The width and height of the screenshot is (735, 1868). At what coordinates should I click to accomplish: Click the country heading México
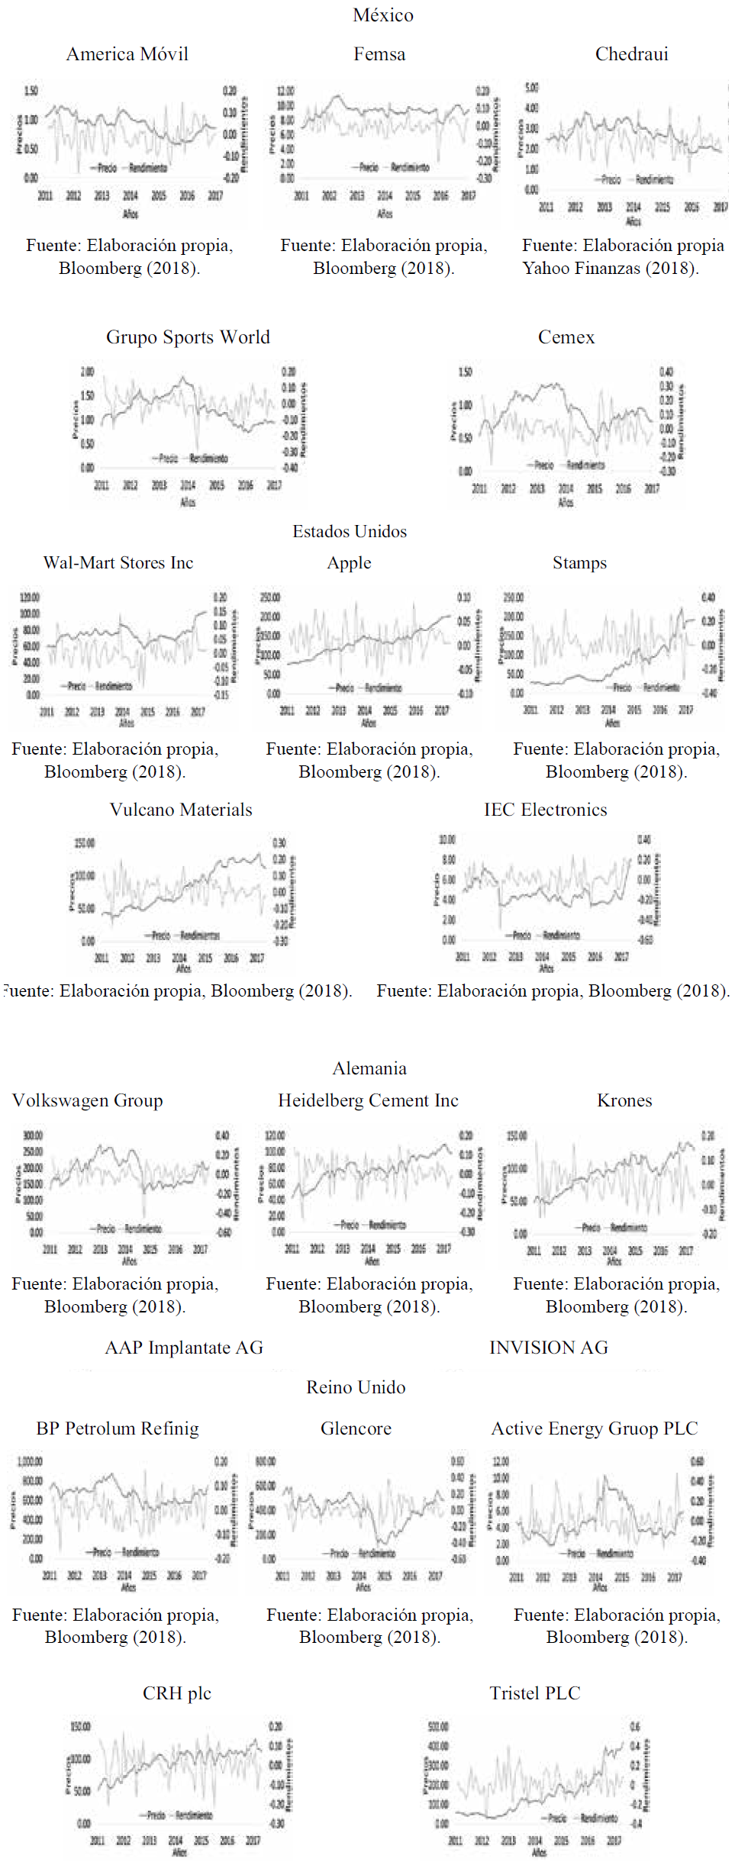point(382,15)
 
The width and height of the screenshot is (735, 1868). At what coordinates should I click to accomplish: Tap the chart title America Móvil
point(127,54)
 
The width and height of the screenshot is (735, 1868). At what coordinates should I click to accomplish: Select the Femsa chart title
point(379,54)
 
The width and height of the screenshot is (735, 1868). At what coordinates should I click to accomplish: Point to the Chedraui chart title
point(631,54)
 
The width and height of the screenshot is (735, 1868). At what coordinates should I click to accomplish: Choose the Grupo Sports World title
point(188,337)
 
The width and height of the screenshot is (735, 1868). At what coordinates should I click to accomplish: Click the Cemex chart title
point(566,337)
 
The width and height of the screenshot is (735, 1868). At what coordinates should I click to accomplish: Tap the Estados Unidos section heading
point(350,532)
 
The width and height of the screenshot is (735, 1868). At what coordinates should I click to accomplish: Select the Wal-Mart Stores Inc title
point(118,563)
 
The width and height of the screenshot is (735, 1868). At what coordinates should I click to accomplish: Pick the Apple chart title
point(349,563)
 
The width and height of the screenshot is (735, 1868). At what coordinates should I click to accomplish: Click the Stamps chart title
point(579,563)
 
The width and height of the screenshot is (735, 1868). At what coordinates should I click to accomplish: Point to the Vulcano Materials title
point(181,810)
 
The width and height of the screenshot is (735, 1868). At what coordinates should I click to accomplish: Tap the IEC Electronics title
point(545,810)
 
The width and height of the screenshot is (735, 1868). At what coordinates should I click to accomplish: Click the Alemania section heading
point(369,1068)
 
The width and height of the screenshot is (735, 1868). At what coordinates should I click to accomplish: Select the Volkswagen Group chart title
point(88,1100)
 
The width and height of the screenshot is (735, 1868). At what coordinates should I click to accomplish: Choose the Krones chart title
point(624,1100)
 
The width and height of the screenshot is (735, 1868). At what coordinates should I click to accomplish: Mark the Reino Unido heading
point(356,1387)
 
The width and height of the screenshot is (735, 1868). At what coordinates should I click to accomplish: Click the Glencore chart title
point(356,1428)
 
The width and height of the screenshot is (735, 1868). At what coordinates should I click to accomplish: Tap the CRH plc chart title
point(177,1693)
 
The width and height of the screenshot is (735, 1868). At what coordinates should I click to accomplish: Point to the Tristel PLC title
point(535,1693)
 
